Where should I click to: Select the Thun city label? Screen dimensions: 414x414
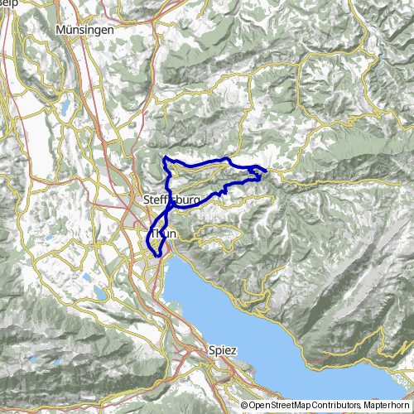[x=163, y=234]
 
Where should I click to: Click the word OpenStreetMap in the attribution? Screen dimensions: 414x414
[x=282, y=406]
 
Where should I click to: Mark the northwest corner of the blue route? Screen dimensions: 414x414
[x=166, y=157]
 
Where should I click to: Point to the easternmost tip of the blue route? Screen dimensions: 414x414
[x=266, y=171]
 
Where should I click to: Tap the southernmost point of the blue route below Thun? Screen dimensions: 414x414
[x=156, y=255]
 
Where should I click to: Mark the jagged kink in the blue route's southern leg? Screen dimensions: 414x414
[x=224, y=192]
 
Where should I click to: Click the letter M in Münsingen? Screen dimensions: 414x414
[x=60, y=29]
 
